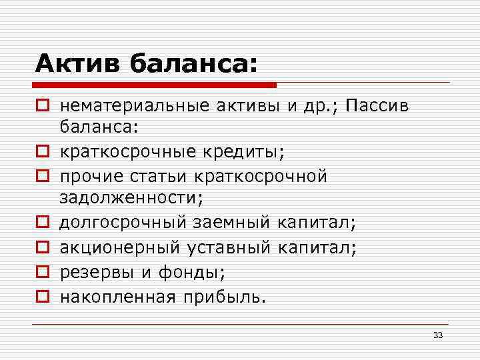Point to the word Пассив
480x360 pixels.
[381, 105]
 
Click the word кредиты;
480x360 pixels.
[247, 151]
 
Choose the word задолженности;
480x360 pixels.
[131, 197]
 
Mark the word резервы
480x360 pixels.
[89, 272]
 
